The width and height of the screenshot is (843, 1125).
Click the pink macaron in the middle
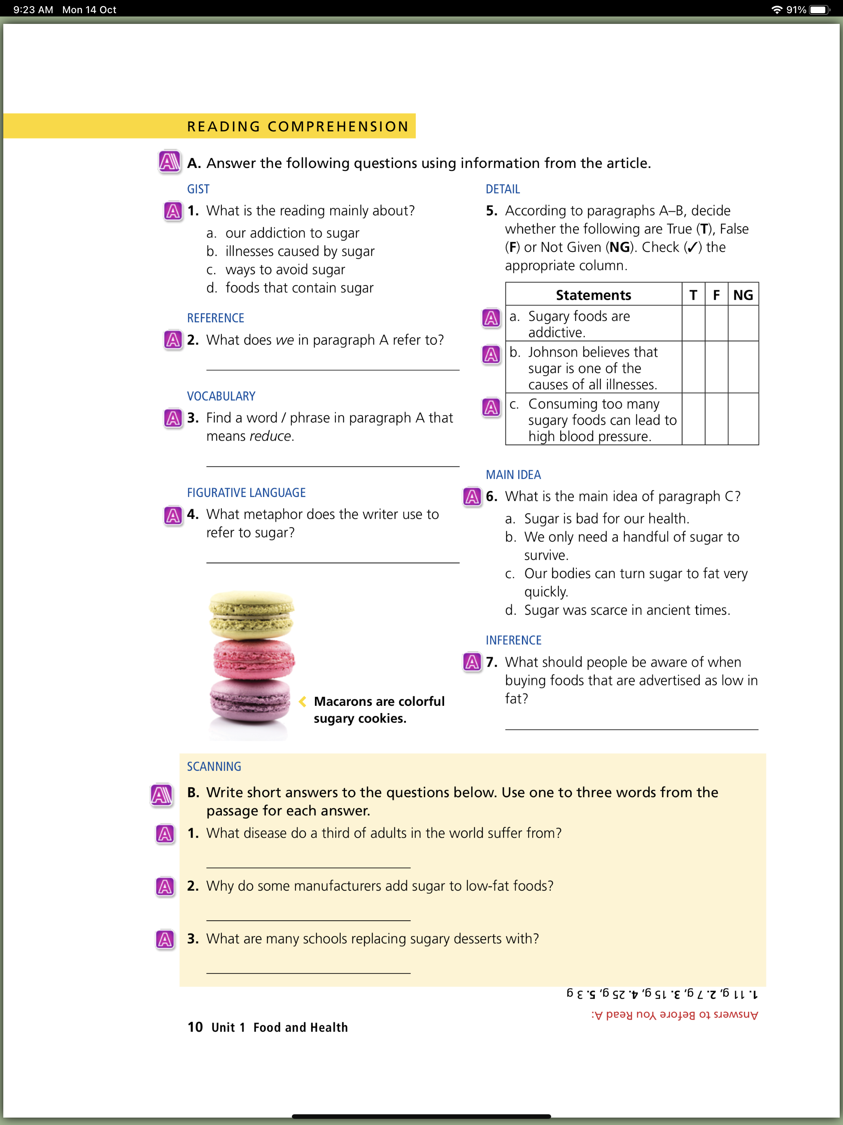click(253, 659)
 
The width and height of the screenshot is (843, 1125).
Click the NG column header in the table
click(743, 295)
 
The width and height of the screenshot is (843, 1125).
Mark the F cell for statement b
click(716, 367)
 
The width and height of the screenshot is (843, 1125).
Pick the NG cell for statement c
click(743, 419)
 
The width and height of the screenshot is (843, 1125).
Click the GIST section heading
click(198, 189)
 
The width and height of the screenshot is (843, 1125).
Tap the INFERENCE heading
click(514, 640)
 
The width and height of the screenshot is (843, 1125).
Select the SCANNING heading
click(214, 766)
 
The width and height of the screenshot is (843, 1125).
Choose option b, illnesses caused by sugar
click(300, 251)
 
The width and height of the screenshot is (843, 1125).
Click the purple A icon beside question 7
click(472, 662)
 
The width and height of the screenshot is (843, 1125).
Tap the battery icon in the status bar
click(819, 9)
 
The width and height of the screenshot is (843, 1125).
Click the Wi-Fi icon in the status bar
click(776, 9)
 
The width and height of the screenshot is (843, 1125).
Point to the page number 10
click(195, 1027)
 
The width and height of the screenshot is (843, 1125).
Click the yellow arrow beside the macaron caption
click(303, 701)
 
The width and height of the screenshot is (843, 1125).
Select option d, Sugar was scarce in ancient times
click(626, 610)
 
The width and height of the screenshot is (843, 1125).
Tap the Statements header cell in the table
click(594, 295)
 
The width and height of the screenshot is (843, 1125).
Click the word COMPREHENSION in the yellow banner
click(338, 126)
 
